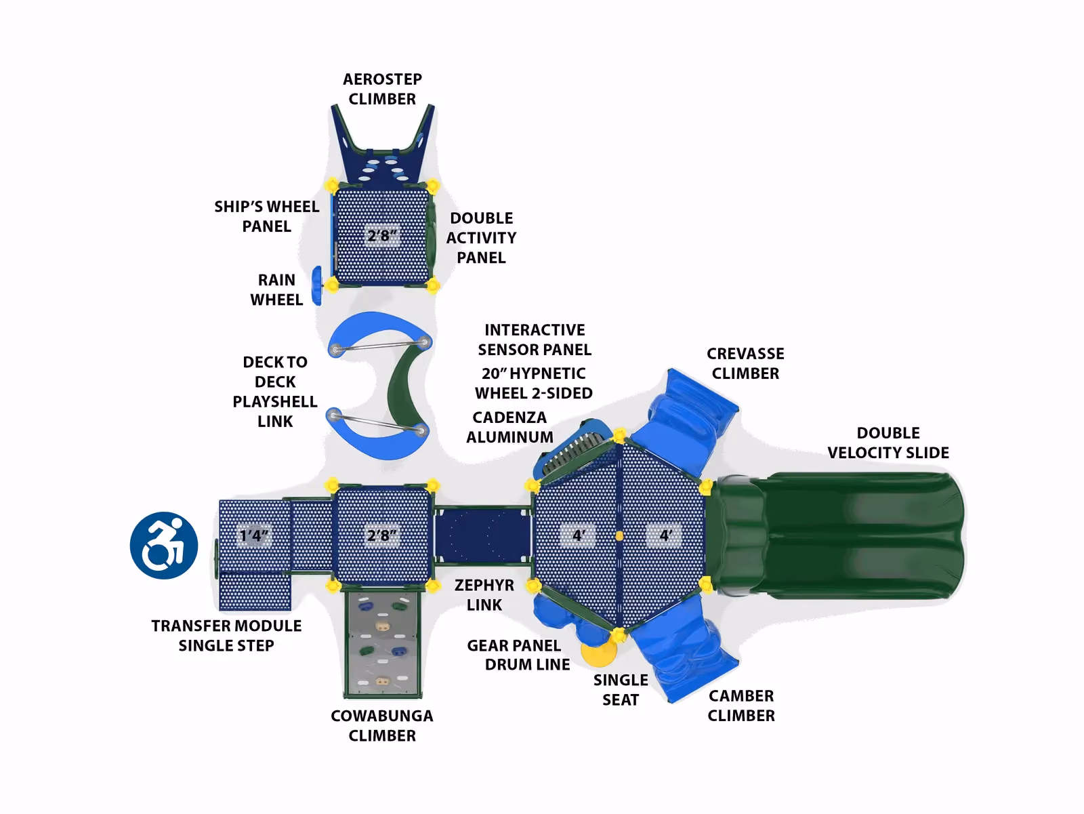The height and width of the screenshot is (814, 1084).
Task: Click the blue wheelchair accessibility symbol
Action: click(x=164, y=546)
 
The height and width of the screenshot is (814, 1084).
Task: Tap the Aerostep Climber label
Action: click(x=382, y=89)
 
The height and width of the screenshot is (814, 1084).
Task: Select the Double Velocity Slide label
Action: click(x=888, y=443)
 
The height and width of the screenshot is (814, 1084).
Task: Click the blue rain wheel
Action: click(x=316, y=285)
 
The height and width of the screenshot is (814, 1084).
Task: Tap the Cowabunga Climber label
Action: click(x=381, y=725)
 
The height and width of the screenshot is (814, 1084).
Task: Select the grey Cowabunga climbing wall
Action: click(x=383, y=644)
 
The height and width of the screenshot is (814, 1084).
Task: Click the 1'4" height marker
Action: click(x=254, y=535)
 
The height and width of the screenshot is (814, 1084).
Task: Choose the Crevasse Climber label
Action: click(x=745, y=363)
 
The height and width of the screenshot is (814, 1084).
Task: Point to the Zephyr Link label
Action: click(x=484, y=594)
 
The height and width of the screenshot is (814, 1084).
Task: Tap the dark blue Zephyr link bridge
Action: click(x=482, y=535)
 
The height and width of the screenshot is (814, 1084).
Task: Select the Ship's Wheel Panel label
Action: click(x=267, y=216)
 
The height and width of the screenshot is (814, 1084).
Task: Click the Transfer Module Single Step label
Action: click(x=226, y=635)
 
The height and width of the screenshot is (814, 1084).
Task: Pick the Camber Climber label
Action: click(x=741, y=706)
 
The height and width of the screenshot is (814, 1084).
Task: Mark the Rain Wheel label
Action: click(x=276, y=289)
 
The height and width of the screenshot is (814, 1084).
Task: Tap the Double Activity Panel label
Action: click(x=481, y=238)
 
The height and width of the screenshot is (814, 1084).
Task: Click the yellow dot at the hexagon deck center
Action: click(x=619, y=536)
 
